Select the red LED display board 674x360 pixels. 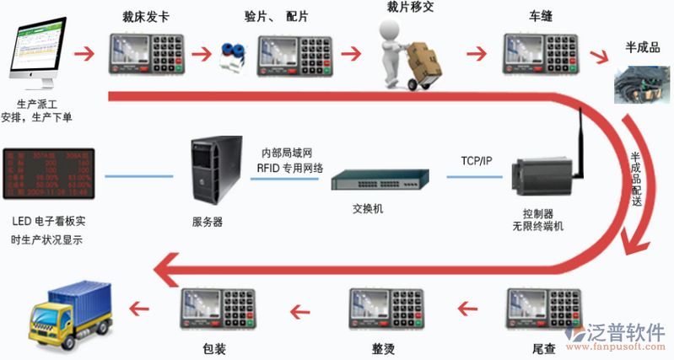(x=47, y=174)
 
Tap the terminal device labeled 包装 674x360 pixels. (x=214, y=312)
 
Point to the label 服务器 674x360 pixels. (x=208, y=223)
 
